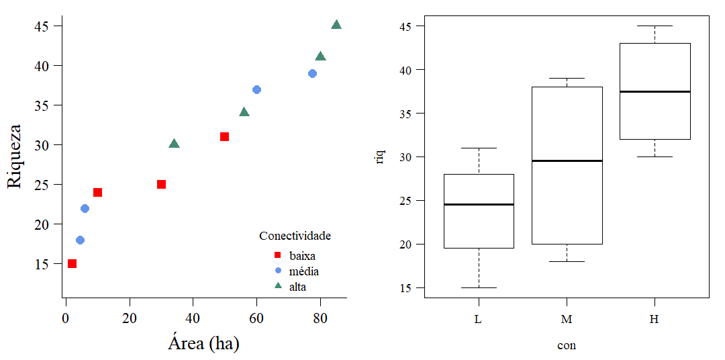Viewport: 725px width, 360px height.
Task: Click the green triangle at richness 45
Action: pyautogui.click(x=336, y=26)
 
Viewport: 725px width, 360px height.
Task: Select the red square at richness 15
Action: pyautogui.click(x=72, y=263)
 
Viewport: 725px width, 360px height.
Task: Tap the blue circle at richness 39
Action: pyautogui.click(x=312, y=73)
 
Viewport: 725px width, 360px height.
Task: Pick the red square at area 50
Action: pyautogui.click(x=224, y=136)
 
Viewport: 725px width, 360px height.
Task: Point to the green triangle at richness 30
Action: pyautogui.click(x=174, y=144)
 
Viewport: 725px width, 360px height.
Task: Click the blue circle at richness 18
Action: pyautogui.click(x=80, y=240)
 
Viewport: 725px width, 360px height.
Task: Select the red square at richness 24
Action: pyautogui.click(x=97, y=192)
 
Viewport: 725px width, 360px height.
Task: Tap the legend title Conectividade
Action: pyautogui.click(x=295, y=236)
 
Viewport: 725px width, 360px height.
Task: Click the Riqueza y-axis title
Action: pyautogui.click(x=15, y=156)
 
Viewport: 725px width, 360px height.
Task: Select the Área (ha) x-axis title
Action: pyautogui.click(x=203, y=344)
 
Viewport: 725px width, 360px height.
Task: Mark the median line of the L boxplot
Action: pyautogui.click(x=479, y=204)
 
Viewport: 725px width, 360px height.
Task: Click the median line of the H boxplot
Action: pyautogui.click(x=655, y=91)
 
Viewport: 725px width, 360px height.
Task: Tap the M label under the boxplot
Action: pyautogui.click(x=567, y=320)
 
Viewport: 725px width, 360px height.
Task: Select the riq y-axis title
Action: pyautogui.click(x=381, y=156)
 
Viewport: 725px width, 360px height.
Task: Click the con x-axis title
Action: pyautogui.click(x=567, y=346)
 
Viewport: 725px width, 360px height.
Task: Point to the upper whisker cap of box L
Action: pyautogui.click(x=479, y=148)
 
